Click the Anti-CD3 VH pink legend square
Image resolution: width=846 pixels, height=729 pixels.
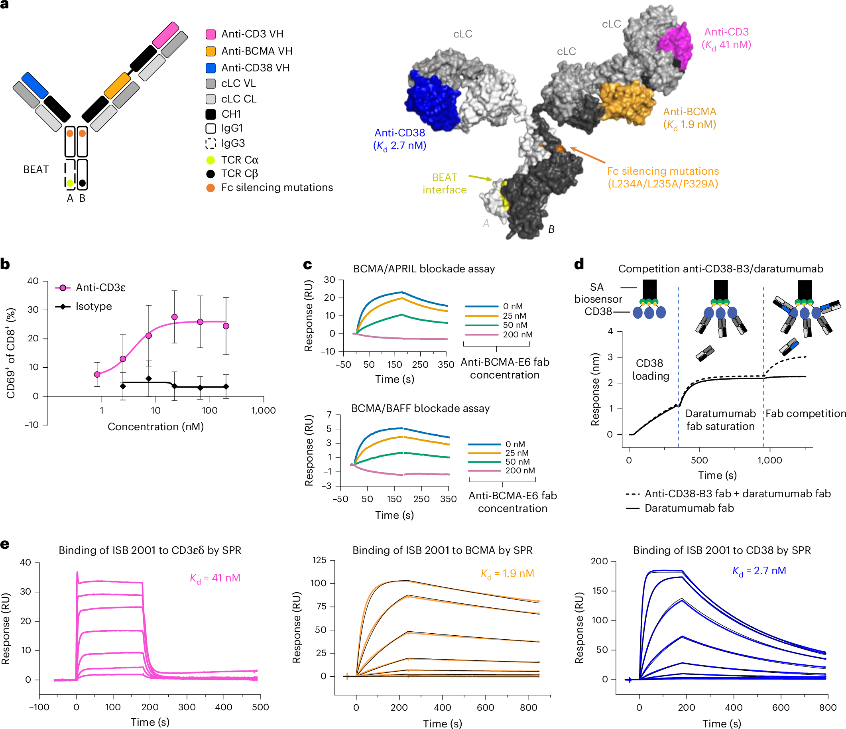(211, 34)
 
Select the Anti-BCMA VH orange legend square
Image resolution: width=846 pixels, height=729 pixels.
(211, 51)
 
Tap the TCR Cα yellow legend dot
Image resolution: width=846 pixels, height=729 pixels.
(211, 160)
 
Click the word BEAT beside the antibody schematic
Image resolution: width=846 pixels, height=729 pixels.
(36, 169)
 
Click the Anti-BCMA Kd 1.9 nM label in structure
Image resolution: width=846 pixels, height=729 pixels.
(690, 118)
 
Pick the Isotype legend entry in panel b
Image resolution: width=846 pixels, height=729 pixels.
(84, 306)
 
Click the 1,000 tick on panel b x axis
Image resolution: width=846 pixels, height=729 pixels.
(264, 410)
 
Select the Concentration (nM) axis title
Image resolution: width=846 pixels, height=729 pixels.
(155, 427)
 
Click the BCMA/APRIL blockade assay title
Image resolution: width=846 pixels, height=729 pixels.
(424, 269)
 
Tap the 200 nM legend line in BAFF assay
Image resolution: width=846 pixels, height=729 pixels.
(484, 471)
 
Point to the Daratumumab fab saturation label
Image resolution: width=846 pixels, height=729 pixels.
(721, 420)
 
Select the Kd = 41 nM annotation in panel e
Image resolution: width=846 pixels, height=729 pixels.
(215, 578)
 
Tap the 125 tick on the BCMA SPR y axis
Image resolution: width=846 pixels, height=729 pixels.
(319, 560)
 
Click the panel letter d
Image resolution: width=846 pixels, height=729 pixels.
(578, 264)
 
